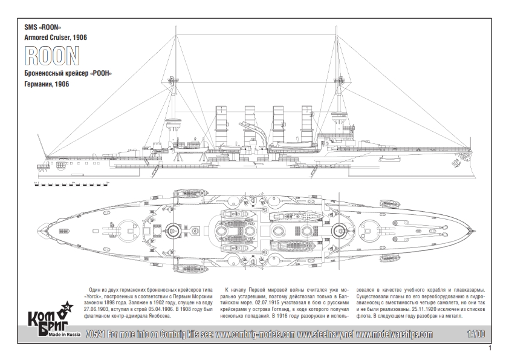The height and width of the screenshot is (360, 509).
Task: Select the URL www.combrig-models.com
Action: pos(254,334)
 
